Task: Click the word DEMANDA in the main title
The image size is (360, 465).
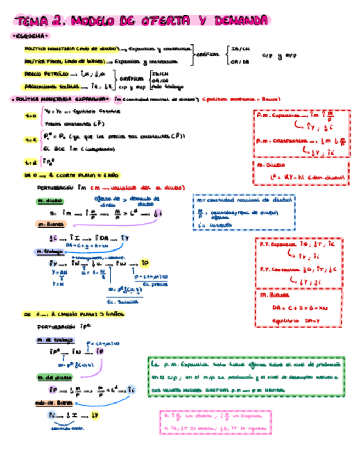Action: pos(241,21)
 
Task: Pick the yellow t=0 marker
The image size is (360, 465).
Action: pos(31,116)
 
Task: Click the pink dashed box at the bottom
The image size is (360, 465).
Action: pos(213,423)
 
